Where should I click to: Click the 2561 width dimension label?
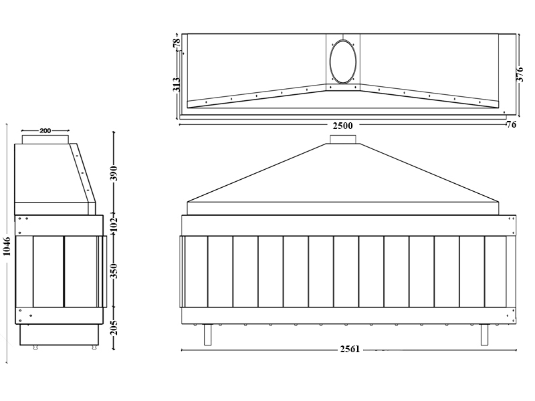[350, 349]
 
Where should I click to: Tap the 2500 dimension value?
[342, 126]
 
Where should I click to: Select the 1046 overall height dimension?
[7, 246]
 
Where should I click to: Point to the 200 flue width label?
[45, 130]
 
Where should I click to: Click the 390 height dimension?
[114, 173]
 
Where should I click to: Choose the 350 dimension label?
[114, 271]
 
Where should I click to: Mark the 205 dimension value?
[114, 327]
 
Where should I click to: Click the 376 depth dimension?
[520, 74]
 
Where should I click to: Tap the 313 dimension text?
[177, 85]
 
